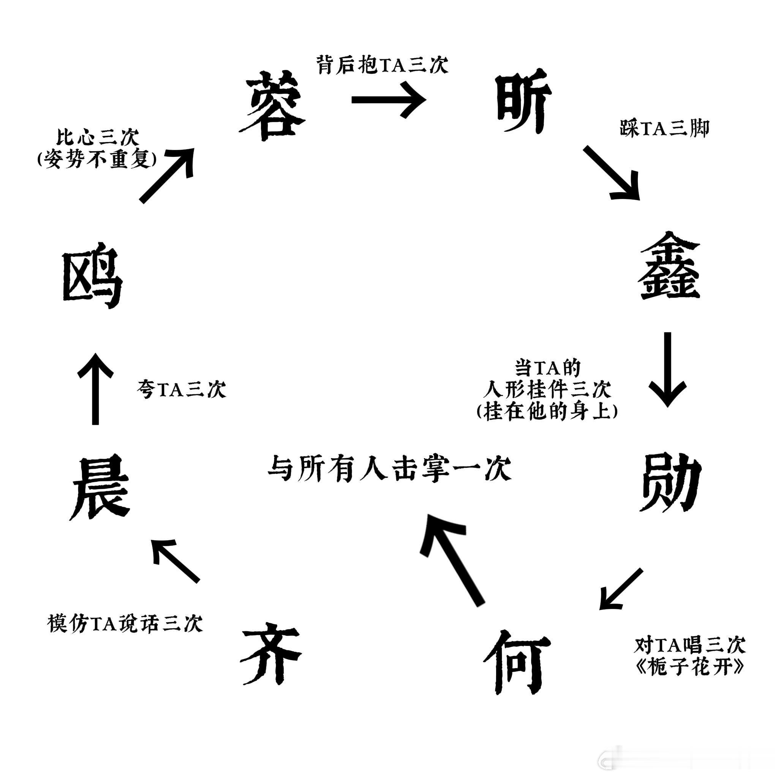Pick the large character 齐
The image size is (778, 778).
click(x=270, y=655)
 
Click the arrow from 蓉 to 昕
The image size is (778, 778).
click(x=389, y=100)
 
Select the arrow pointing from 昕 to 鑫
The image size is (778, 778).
click(x=612, y=173)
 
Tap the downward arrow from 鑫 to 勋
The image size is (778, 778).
click(x=667, y=368)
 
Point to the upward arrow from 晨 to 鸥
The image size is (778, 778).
click(x=95, y=389)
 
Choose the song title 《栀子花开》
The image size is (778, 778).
click(x=689, y=667)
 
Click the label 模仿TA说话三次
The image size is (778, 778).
click(x=125, y=624)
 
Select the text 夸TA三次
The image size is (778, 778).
click(x=181, y=389)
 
